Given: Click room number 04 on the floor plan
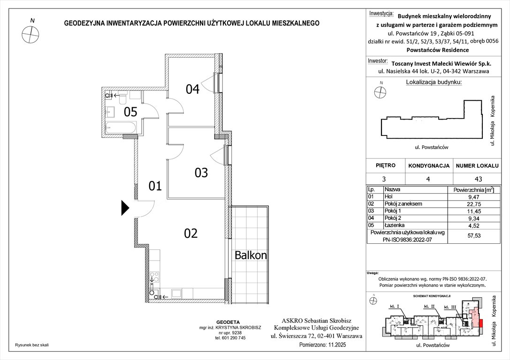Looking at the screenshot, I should [x=192, y=89].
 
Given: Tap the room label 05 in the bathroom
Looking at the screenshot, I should [x=130, y=112].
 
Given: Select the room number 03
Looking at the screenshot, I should [x=201, y=173].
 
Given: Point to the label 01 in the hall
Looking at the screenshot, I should [x=155, y=186].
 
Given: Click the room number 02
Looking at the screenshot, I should [x=191, y=233].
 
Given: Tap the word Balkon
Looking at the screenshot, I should [x=251, y=255].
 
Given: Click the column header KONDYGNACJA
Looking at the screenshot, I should [x=429, y=166].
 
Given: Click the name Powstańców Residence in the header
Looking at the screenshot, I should [x=437, y=50].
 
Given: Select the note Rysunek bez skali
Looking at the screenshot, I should [x=32, y=345].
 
